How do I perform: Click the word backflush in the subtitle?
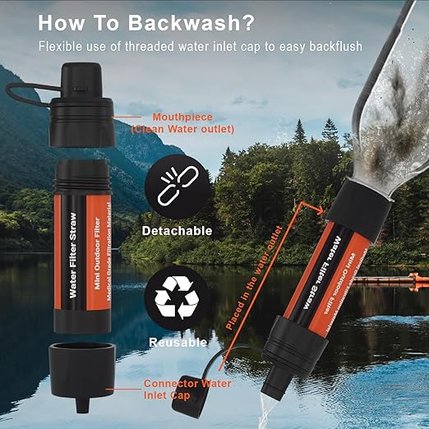tap(354, 46)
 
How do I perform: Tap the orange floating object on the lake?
tap(394, 281)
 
